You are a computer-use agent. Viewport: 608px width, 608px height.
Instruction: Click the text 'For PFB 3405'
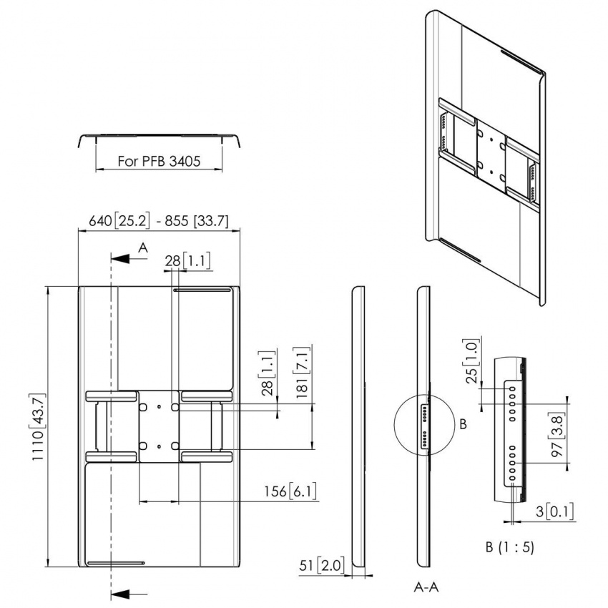point(159,162)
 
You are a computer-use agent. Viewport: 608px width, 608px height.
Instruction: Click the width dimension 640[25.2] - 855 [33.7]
point(159,222)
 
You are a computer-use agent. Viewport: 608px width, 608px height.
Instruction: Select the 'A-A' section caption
point(426,587)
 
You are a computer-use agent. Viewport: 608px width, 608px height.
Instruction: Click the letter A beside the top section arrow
point(142,247)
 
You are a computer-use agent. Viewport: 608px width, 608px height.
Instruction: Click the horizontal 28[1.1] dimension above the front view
point(188,262)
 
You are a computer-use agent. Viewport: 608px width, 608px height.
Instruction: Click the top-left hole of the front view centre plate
point(143,406)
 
